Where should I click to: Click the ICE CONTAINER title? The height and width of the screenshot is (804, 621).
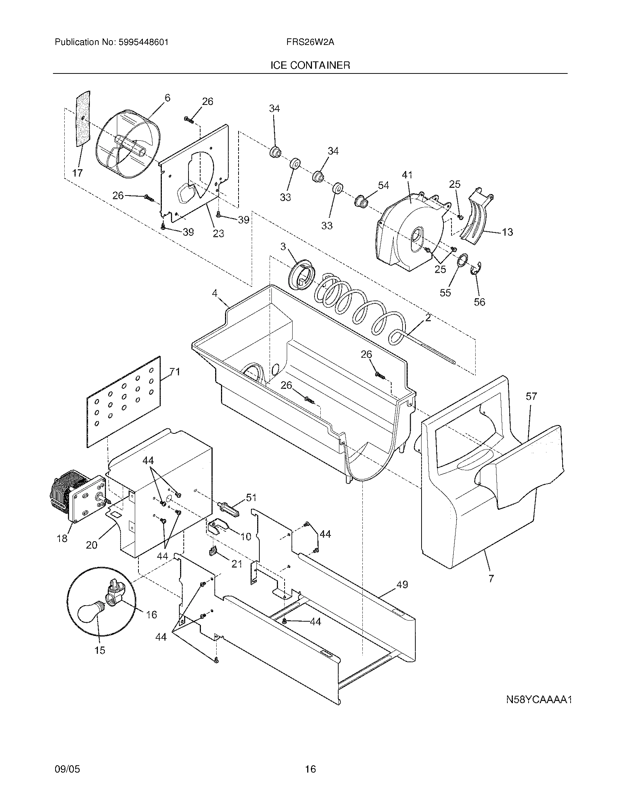coord(310,65)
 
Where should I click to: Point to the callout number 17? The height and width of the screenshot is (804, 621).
coord(77,172)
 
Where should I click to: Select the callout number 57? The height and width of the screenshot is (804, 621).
coord(531,396)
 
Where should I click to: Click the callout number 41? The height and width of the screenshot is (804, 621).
coord(407,175)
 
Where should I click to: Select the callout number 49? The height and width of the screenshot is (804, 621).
coord(402,584)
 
